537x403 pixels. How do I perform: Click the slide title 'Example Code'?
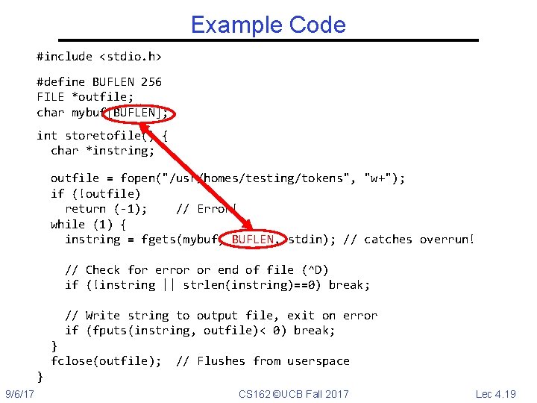268,25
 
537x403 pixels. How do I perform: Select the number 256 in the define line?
151,81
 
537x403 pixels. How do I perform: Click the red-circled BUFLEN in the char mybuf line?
140,113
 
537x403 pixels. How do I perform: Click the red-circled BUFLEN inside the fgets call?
255,239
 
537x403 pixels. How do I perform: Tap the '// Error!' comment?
206,208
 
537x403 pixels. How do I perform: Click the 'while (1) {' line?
88,224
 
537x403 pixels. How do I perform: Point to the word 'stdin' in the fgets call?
304,239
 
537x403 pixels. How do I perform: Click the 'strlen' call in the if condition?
204,284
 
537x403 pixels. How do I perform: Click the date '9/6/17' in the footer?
20,393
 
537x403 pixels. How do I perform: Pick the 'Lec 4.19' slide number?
495,393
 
